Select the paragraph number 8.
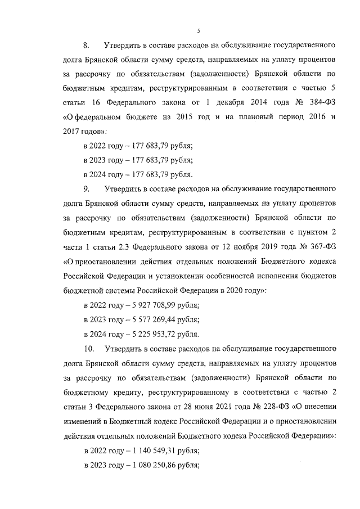87,44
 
